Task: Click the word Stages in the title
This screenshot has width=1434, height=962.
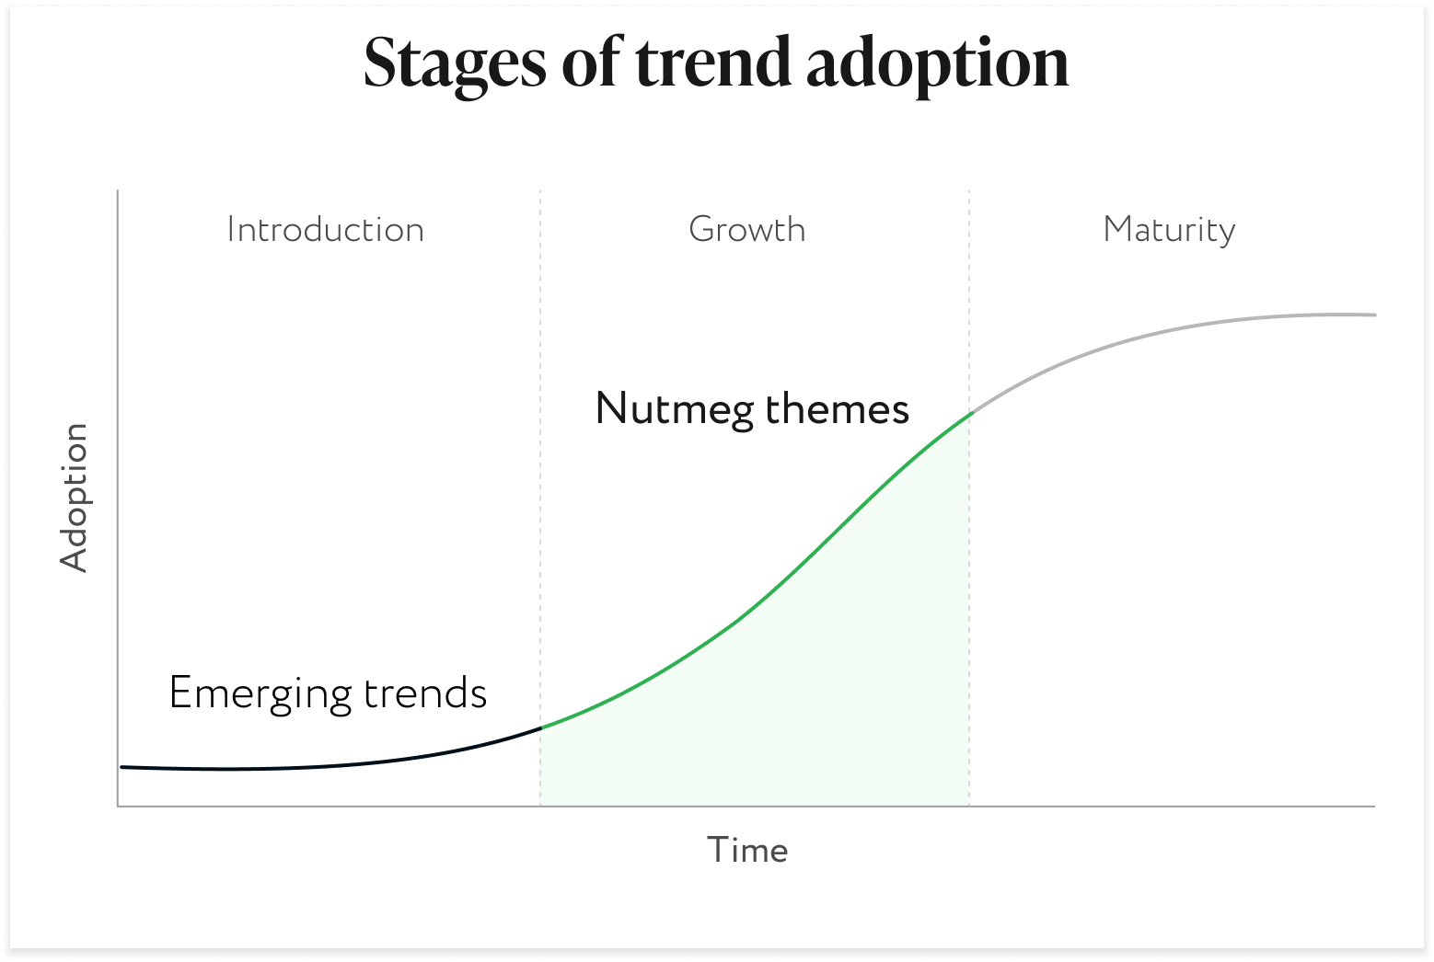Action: click(456, 65)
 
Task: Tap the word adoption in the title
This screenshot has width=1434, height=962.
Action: click(938, 65)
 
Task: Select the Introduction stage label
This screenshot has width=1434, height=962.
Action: click(325, 230)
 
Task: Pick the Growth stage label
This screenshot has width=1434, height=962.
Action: click(747, 229)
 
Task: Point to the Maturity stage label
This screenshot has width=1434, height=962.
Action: click(1169, 231)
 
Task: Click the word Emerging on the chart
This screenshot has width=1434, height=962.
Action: click(260, 694)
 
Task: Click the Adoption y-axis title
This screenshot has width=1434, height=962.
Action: click(75, 498)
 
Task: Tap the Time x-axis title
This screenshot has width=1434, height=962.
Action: click(747, 850)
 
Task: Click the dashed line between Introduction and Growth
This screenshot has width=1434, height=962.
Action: click(540, 498)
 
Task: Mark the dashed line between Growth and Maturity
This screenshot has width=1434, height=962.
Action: click(969, 498)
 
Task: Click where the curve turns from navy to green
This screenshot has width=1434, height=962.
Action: click(541, 727)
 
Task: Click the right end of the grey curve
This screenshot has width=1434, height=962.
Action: click(1374, 315)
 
